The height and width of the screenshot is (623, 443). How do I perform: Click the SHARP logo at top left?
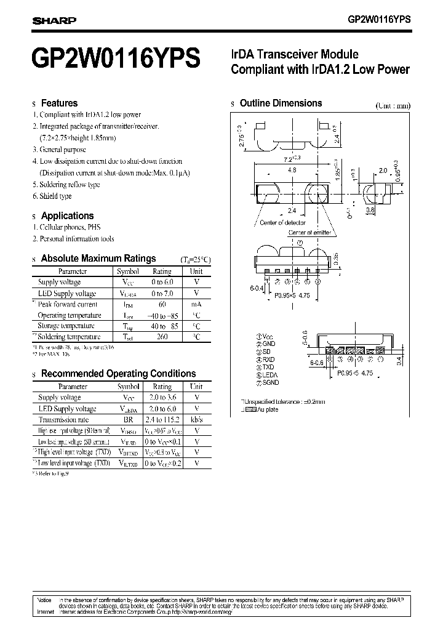point(54,20)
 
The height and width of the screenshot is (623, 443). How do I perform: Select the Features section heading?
point(59,103)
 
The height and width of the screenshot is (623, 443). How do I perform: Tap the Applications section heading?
point(67,216)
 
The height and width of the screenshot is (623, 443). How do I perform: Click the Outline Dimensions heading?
point(281,103)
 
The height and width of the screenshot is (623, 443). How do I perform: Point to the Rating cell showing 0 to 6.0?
point(162,283)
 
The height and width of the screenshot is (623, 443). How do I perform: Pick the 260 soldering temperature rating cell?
point(162,337)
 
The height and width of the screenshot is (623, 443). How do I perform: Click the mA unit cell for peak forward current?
point(196,304)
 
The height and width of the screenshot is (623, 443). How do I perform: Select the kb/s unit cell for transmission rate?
point(196,420)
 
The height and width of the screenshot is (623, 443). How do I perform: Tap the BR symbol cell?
point(128,420)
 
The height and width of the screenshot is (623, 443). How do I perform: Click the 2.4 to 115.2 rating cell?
point(162,420)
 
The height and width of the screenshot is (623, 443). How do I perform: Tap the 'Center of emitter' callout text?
point(309,233)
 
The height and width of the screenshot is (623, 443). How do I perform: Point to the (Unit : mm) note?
point(393,105)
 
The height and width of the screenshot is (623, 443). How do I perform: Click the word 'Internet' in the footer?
point(46,612)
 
